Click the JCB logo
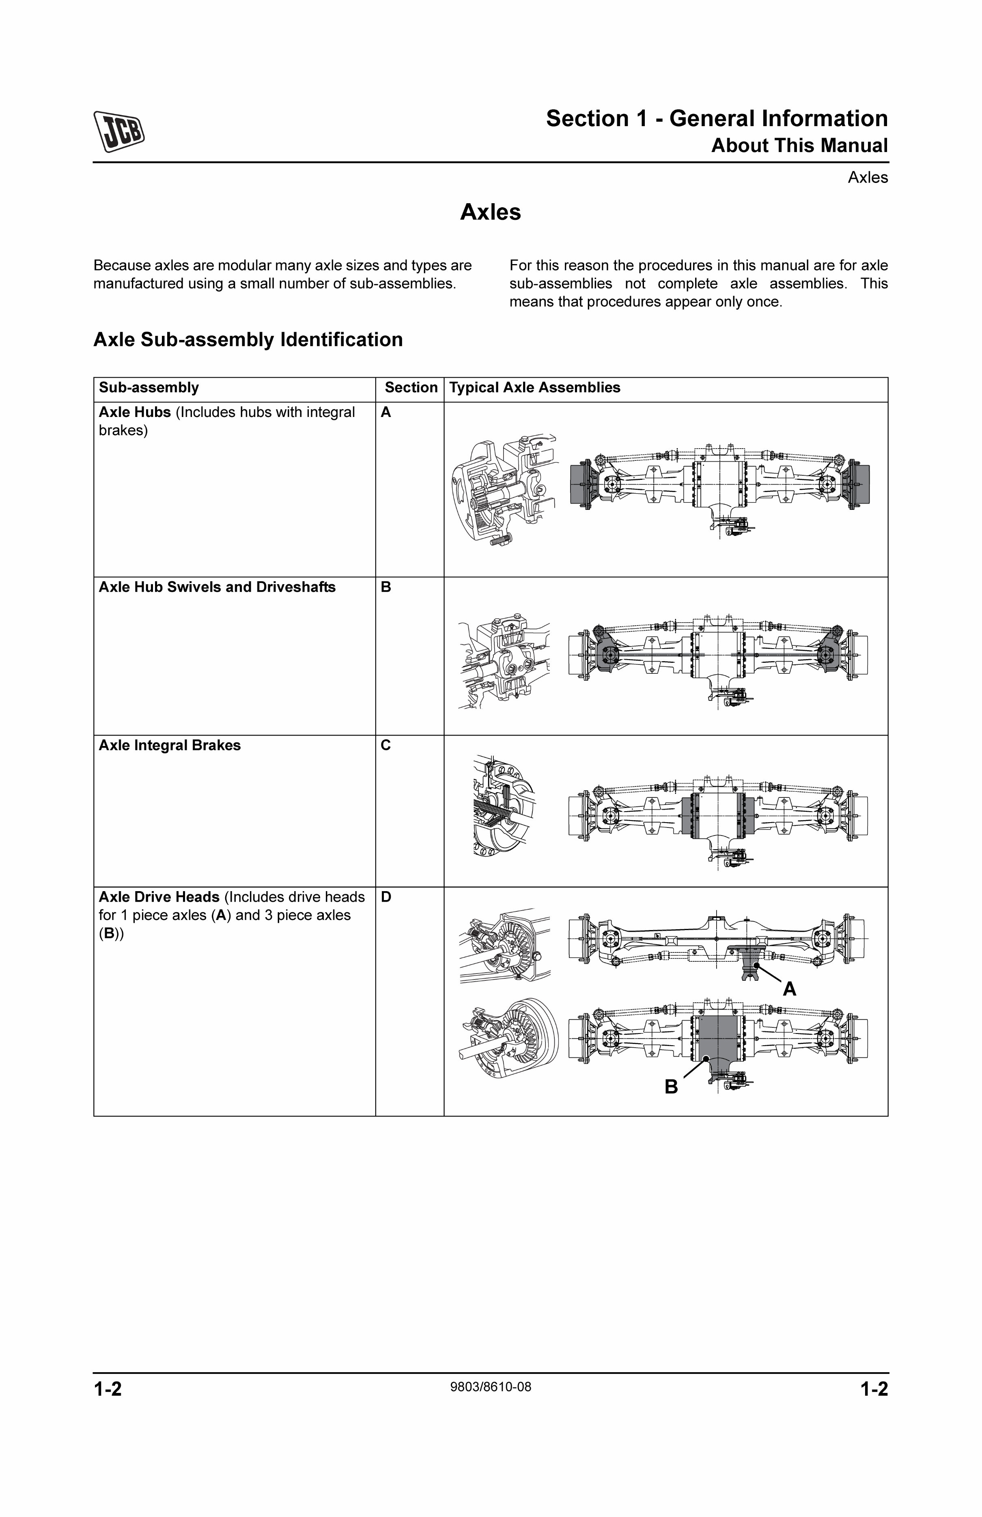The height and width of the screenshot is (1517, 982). [x=119, y=132]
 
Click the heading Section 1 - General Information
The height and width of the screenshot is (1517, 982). [x=716, y=118]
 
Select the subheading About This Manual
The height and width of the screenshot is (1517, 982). [x=799, y=146]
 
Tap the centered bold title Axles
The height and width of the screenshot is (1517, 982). [x=490, y=212]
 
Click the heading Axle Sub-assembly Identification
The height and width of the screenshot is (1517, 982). [x=248, y=340]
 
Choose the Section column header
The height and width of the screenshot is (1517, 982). [x=411, y=387]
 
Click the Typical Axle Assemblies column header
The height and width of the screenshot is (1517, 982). [x=534, y=387]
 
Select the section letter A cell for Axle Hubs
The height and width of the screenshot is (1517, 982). [x=386, y=413]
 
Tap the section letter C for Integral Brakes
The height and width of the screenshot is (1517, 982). [x=386, y=745]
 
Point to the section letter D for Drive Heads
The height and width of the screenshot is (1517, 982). [x=386, y=897]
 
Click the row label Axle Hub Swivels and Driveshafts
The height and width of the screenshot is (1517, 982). [x=217, y=587]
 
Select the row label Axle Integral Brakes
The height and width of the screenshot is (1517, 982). [x=170, y=745]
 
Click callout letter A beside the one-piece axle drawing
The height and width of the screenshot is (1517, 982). [x=789, y=988]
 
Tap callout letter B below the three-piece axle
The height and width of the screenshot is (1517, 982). [x=671, y=1086]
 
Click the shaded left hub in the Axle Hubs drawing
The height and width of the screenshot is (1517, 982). [x=580, y=484]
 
